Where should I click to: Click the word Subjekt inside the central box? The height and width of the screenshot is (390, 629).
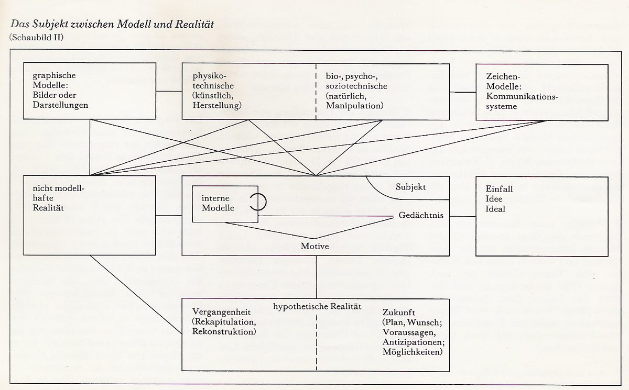tap(411, 187)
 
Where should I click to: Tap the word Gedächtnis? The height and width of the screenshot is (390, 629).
tap(421, 216)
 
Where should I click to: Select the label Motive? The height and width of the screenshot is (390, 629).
tap(315, 246)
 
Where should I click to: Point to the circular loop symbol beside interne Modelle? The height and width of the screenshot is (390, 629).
tap(256, 202)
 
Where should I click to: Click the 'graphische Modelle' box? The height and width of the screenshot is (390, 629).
tap(90, 91)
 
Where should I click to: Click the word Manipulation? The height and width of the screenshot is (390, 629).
tap(354, 106)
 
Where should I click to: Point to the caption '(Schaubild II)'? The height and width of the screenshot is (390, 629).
tap(32, 37)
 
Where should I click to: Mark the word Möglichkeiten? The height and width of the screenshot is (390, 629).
tap(413, 351)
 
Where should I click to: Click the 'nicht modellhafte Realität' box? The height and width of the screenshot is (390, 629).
tap(90, 215)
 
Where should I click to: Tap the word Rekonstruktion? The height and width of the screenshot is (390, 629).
tap(224, 332)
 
